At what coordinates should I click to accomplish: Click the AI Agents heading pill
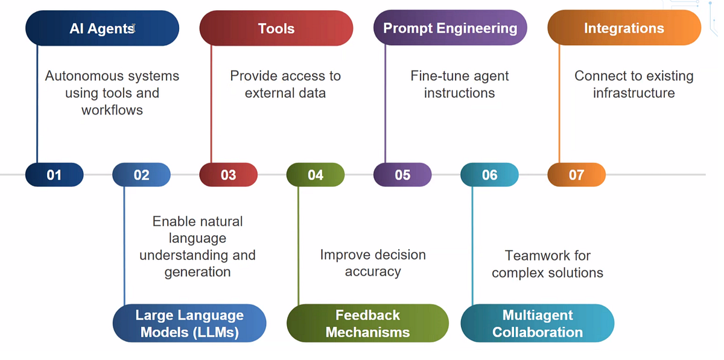coord(102,28)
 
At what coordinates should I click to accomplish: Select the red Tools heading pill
coord(276,28)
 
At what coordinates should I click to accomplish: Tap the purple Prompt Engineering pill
coord(450,28)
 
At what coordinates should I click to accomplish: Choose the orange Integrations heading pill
coord(624,28)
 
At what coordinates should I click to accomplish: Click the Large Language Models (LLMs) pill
coord(189,323)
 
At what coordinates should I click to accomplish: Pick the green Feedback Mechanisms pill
coord(367,323)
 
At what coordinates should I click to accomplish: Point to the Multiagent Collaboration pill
coord(537,323)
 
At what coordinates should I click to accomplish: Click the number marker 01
coord(54,175)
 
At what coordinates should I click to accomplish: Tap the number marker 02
coord(141,175)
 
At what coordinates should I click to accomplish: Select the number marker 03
coord(228,175)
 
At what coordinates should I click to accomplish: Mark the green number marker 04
coord(316,175)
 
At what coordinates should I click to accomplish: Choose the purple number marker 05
coord(402,175)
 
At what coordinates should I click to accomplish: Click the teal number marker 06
coord(489,175)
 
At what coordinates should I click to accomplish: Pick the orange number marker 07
coord(576,175)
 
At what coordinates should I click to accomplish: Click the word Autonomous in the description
coord(81,77)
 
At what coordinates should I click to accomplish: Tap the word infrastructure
coord(634,93)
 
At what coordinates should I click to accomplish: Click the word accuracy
coord(373,271)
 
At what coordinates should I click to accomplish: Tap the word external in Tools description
coord(269,93)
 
